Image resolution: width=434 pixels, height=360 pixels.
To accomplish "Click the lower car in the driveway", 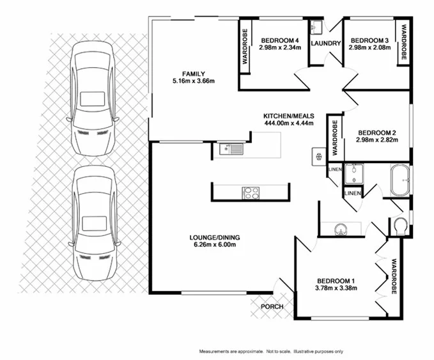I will point(93,224).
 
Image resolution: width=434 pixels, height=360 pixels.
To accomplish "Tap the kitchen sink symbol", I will point(230,149).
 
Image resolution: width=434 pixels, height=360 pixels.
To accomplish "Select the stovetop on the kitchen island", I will point(251,192).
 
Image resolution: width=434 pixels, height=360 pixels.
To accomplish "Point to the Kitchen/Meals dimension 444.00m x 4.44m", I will point(288,123).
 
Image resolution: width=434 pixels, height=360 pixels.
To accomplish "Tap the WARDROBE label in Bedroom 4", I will point(245,45).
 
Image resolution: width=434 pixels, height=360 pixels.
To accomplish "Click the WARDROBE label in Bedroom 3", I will point(404,43).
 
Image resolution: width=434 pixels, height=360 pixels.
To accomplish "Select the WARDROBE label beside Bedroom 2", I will point(334,137).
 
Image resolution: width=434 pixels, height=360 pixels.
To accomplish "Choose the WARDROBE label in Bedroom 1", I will point(394,276).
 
